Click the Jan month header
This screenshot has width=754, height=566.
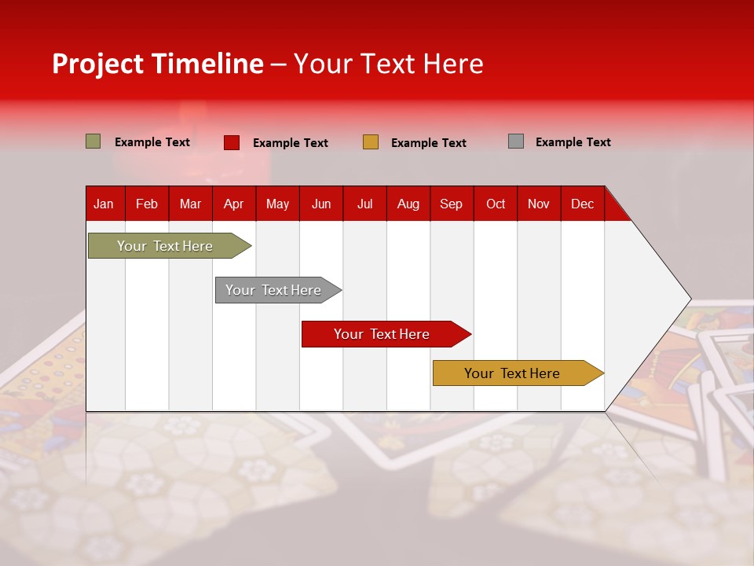pyautogui.click(x=104, y=204)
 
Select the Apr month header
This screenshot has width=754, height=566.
pyautogui.click(x=233, y=204)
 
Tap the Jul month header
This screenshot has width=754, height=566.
pyautogui.click(x=364, y=204)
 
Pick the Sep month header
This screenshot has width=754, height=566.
pyautogui.click(x=451, y=204)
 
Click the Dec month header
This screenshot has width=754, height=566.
pyautogui.click(x=582, y=204)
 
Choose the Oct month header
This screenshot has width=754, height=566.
pyautogui.click(x=495, y=204)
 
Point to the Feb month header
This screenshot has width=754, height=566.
pyautogui.click(x=147, y=204)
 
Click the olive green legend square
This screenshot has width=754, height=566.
pyautogui.click(x=93, y=141)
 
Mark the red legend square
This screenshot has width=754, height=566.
pyautogui.click(x=232, y=142)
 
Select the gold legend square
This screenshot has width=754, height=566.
pyautogui.click(x=371, y=142)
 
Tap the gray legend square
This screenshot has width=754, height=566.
pyautogui.click(x=516, y=141)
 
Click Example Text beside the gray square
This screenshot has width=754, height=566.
pyautogui.click(x=573, y=142)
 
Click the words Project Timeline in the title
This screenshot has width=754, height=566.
pyautogui.click(x=157, y=64)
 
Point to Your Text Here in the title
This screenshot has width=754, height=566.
pyautogui.click(x=388, y=64)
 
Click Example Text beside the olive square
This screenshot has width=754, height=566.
pyautogui.click(x=152, y=142)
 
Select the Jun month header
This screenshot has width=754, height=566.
pyautogui.click(x=320, y=204)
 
